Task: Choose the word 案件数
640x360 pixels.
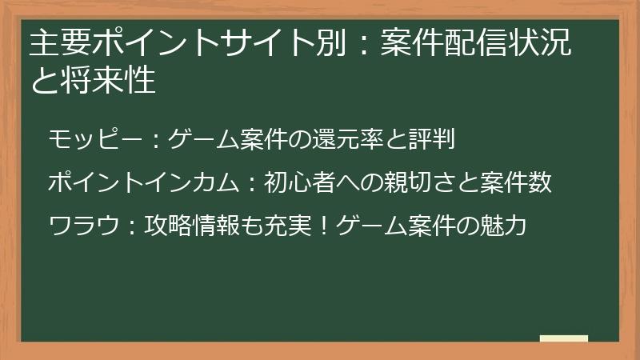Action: pyautogui.click(x=517, y=183)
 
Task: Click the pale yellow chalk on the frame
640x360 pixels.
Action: pyautogui.click(x=564, y=338)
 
